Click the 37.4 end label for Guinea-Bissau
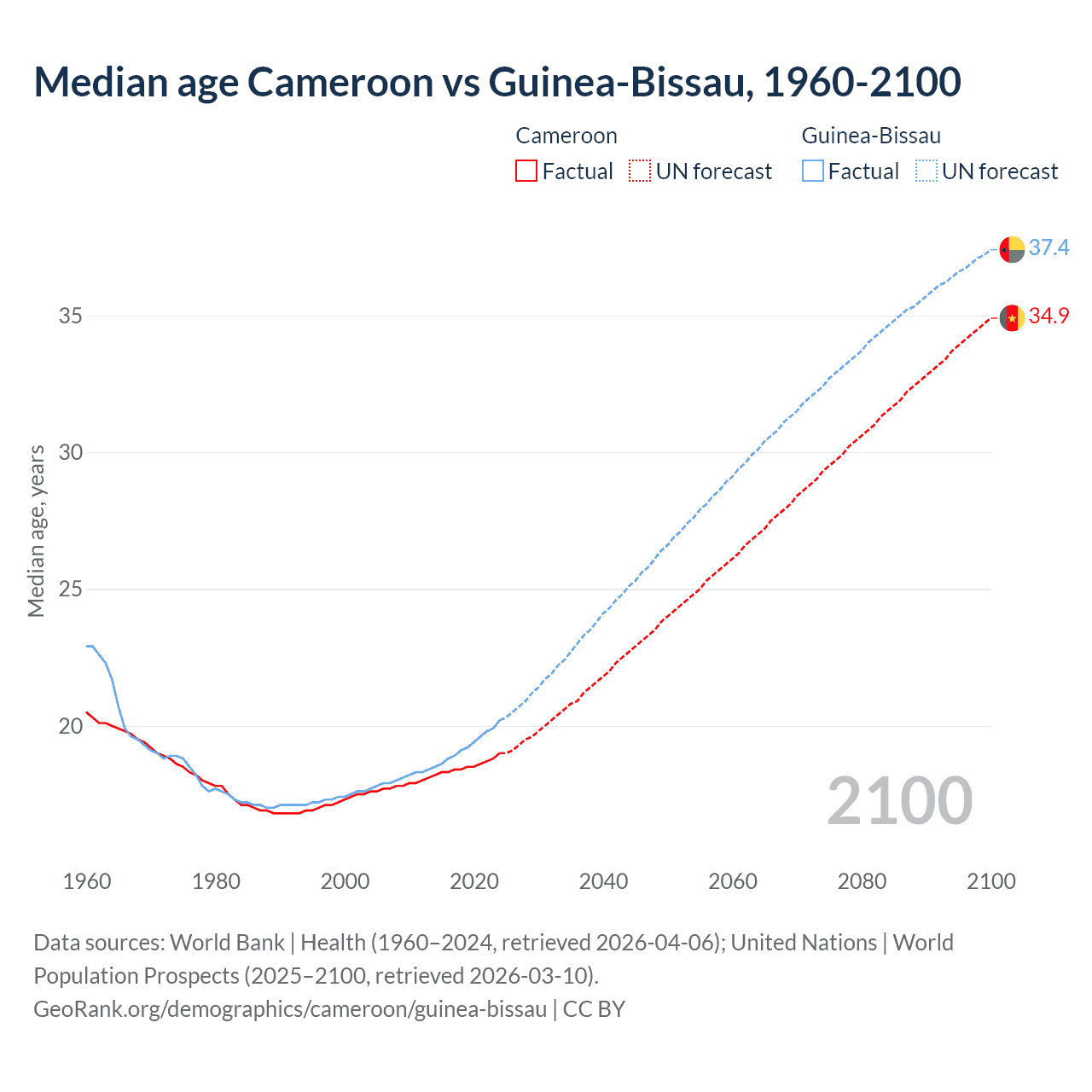pos(1048,247)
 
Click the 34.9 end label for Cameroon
pos(1048,317)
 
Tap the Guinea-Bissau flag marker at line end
pos(1012,249)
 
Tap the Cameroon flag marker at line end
pos(1012,317)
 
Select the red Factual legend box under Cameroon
pos(526,171)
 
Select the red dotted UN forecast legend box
pos(640,171)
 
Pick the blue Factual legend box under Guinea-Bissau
pos(813,171)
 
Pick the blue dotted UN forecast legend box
pos(926,171)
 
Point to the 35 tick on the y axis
pos(71,316)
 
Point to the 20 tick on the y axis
pos(71,726)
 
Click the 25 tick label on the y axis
pos(71,589)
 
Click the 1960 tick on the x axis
pos(87,881)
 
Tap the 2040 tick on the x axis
pos(604,881)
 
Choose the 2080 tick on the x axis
pos(863,881)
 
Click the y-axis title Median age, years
pos(36,531)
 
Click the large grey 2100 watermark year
pos(900,800)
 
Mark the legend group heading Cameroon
pos(566,136)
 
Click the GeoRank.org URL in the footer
pos(290,1009)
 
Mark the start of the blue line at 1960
pos(87,646)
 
